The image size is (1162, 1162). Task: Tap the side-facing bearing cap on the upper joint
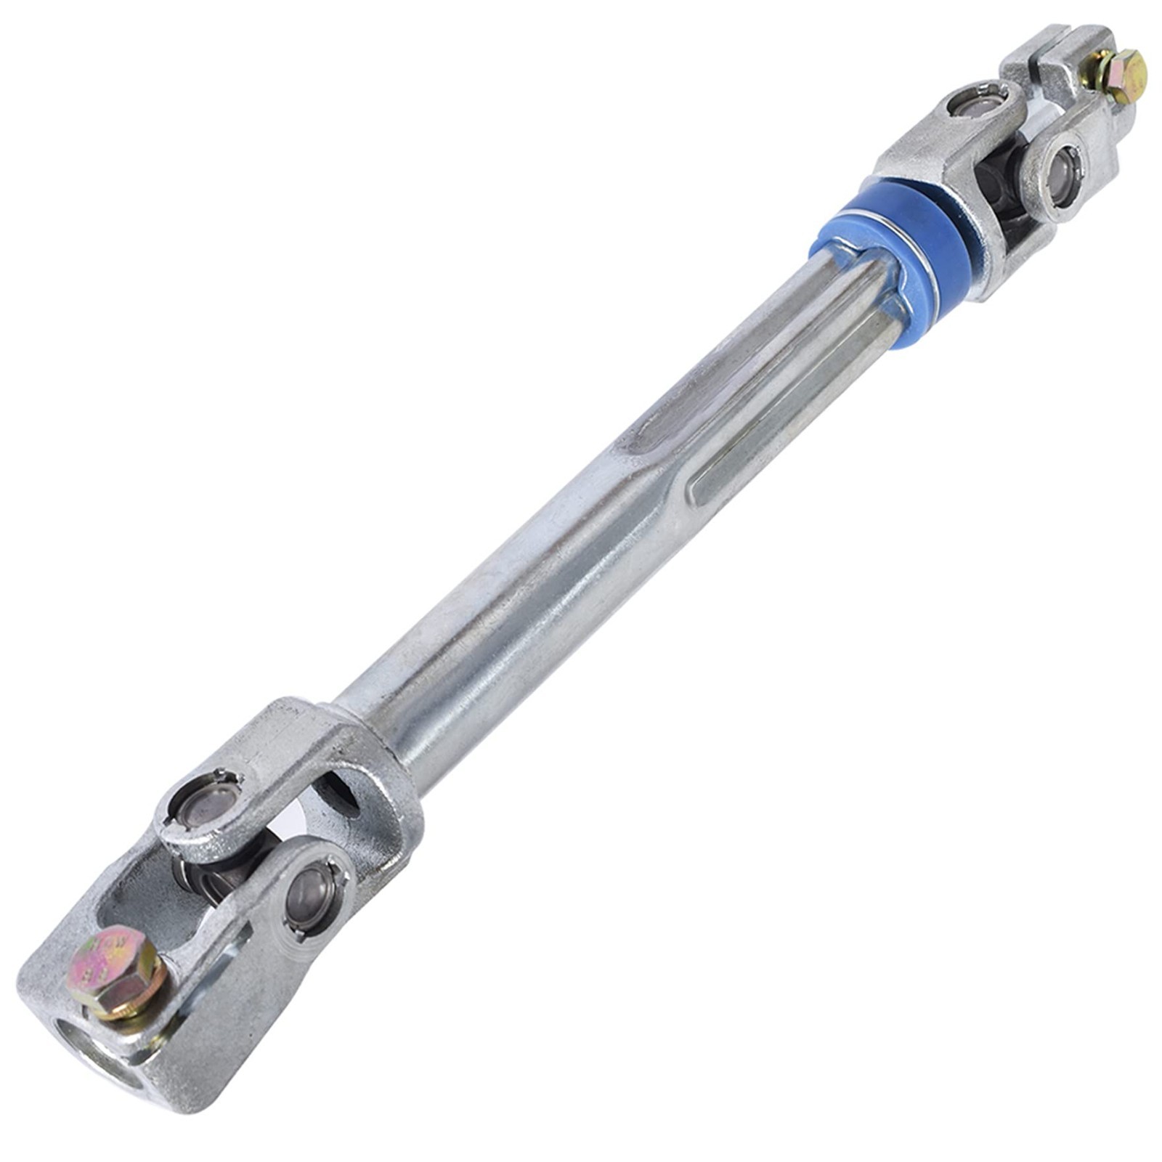pyautogui.click(x=1062, y=168)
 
